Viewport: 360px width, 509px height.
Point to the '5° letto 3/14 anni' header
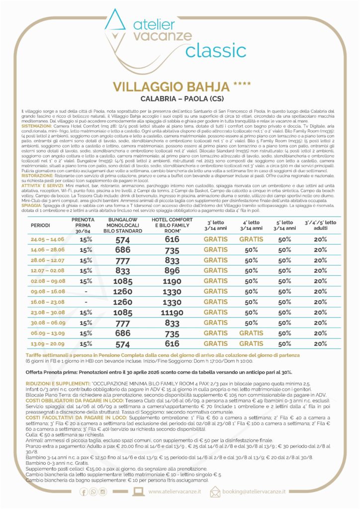click(x=284, y=225)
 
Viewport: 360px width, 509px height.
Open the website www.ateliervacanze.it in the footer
click(x=174, y=492)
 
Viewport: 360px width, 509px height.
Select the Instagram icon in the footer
click(x=103, y=492)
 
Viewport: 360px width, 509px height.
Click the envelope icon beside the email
click(x=215, y=492)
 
